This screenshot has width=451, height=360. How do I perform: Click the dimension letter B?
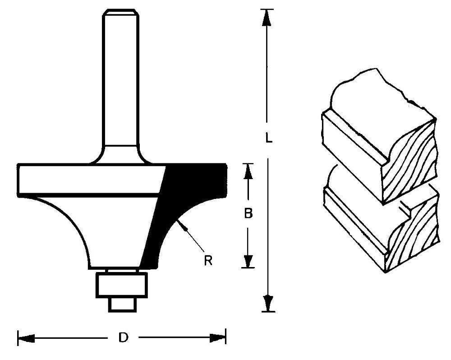[248, 213]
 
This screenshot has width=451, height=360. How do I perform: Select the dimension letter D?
[124, 337]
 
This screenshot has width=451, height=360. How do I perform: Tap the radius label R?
[208, 261]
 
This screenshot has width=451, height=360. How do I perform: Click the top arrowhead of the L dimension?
[267, 18]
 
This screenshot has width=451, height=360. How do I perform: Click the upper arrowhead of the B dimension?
[248, 171]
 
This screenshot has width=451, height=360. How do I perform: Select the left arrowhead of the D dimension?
[26, 338]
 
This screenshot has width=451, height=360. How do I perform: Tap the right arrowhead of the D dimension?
[218, 338]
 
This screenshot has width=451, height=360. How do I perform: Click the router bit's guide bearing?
[122, 286]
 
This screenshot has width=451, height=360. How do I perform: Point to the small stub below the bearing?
[122, 305]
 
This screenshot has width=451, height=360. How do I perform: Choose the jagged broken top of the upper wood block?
[382, 86]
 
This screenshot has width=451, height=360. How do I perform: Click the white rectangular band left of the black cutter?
[91, 180]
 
